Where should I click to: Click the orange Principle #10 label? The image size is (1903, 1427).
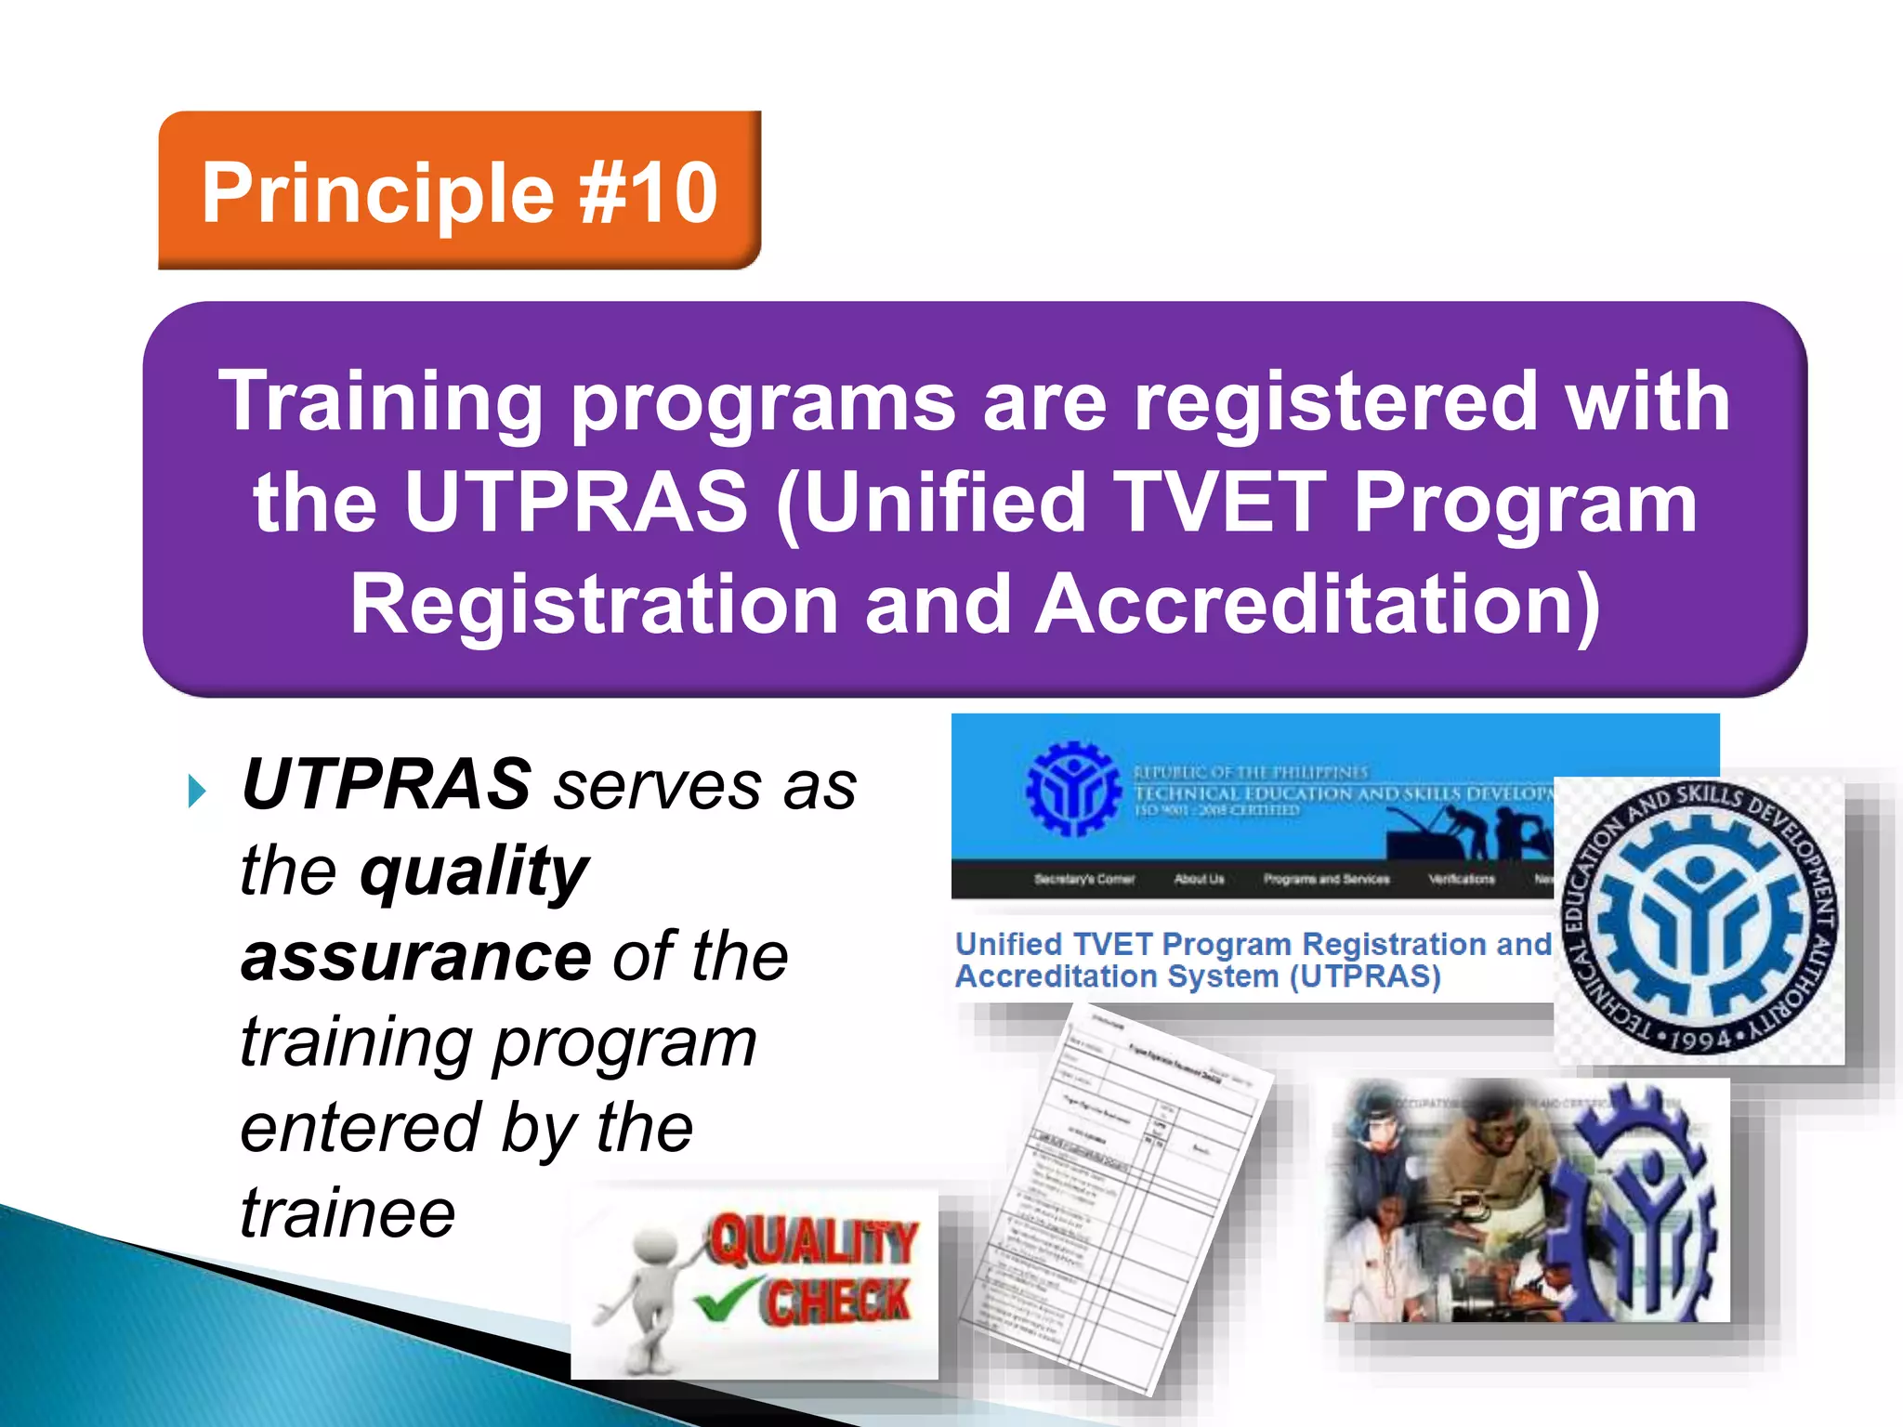coord(459,191)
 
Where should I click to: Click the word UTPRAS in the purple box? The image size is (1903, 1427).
coord(576,503)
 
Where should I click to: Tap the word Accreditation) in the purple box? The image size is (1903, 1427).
coord(1318,605)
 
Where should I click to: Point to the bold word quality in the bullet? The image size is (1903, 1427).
coord(474,872)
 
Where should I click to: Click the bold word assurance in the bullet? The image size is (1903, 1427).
coord(415,957)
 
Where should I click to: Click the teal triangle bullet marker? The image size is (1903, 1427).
coord(196,792)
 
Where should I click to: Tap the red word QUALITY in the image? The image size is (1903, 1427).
coord(811,1242)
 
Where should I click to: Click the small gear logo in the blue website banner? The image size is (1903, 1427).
coord(1072,789)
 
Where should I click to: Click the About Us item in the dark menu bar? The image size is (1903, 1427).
coord(1199,879)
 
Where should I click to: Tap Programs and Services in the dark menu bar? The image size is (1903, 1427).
coord(1326,879)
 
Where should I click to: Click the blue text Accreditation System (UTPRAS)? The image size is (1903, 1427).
coord(1198,977)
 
